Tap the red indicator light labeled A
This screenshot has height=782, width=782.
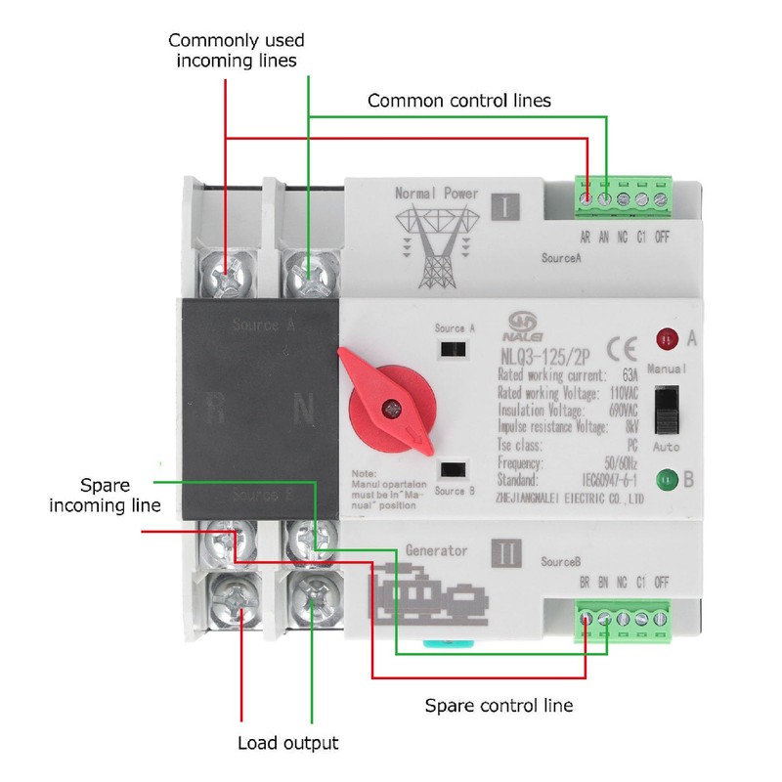click(x=667, y=339)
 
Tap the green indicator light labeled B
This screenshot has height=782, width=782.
click(x=667, y=480)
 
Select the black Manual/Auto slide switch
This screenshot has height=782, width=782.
click(x=667, y=410)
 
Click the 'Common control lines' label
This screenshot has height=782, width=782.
click(x=458, y=101)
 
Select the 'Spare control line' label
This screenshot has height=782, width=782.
click(x=499, y=704)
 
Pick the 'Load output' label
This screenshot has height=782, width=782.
click(x=288, y=743)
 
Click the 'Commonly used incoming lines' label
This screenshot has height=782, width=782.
click(x=237, y=51)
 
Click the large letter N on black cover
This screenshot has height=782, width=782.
click(x=304, y=409)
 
